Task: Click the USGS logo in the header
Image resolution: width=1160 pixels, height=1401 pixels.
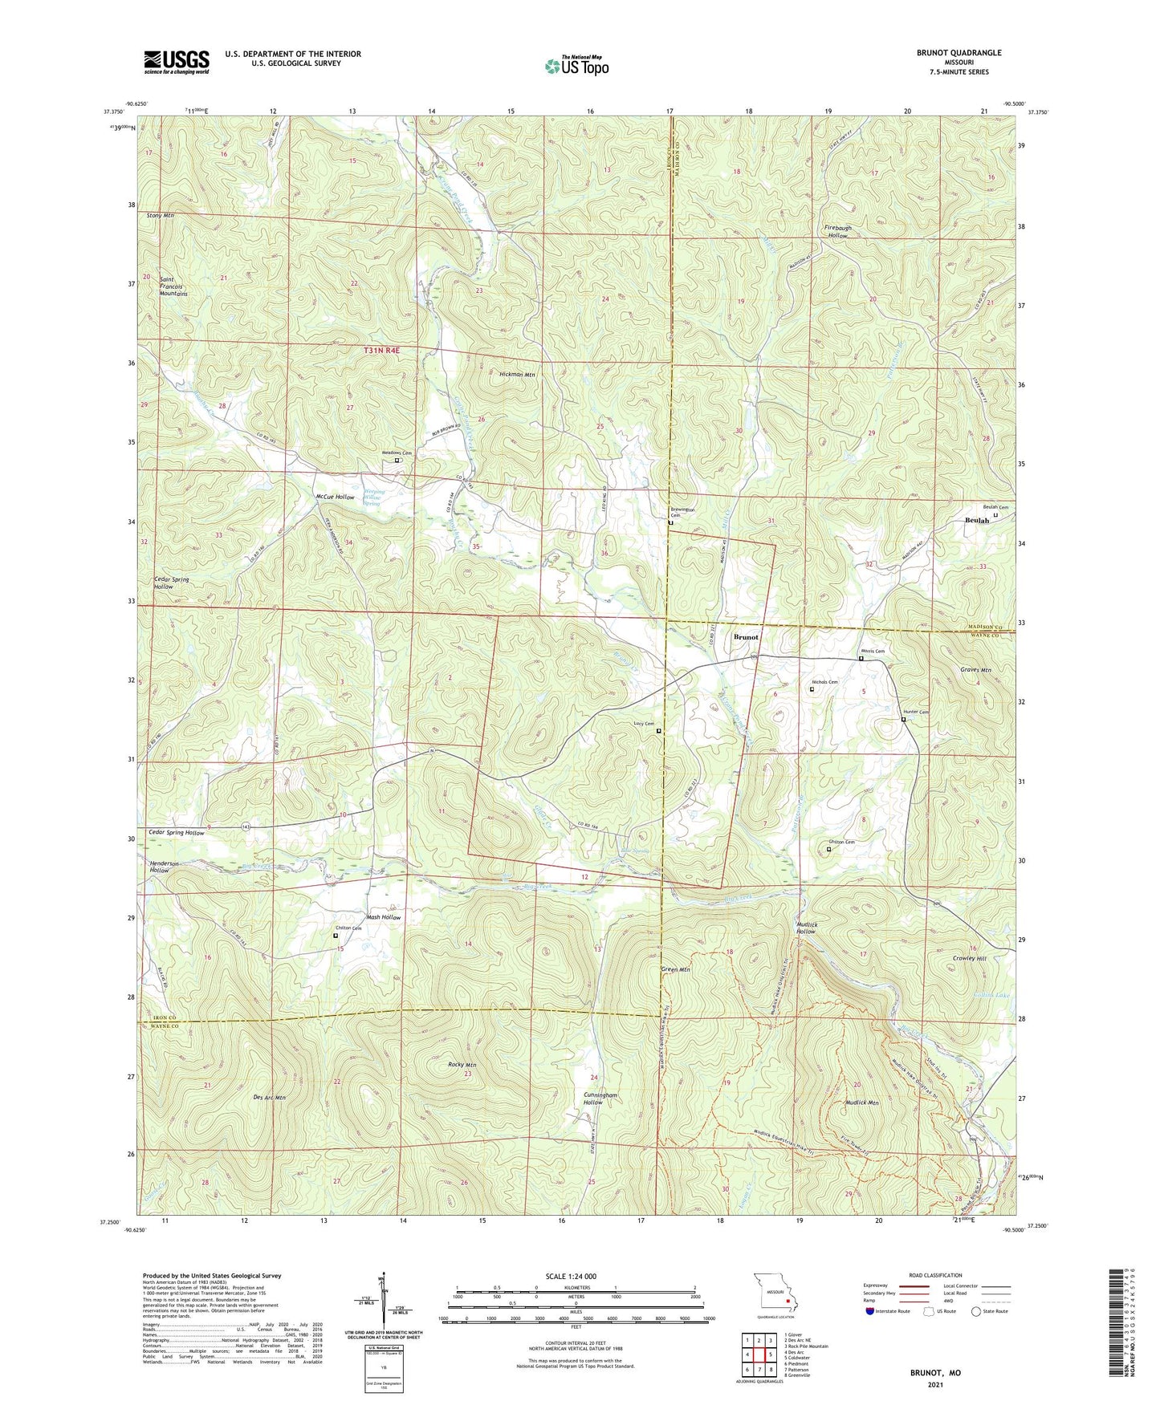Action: click(x=177, y=62)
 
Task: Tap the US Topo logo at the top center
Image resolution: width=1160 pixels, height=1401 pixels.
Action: click(x=576, y=66)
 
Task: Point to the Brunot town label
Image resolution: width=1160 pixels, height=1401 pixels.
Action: click(x=746, y=636)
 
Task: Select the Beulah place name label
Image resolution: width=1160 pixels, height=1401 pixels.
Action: click(x=976, y=521)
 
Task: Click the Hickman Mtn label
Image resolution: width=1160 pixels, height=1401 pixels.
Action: click(x=517, y=375)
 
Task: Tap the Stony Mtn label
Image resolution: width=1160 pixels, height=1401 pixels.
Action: click(x=161, y=216)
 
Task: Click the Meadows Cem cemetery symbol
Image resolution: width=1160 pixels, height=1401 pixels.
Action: click(x=397, y=461)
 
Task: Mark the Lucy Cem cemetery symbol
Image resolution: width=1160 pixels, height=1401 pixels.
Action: click(x=659, y=731)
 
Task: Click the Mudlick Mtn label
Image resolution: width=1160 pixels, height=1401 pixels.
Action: click(x=862, y=1103)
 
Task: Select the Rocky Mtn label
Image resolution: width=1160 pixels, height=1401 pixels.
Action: click(x=462, y=1065)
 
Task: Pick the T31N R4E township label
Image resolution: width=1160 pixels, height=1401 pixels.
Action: click(x=381, y=350)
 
